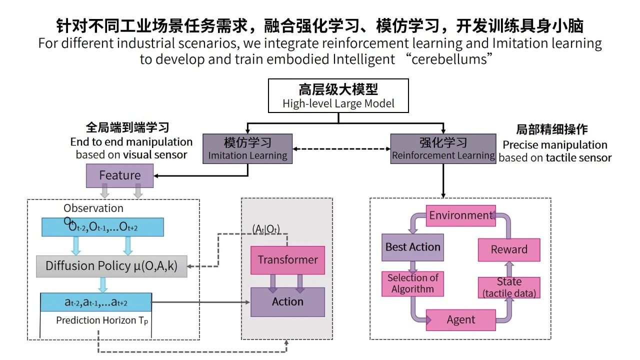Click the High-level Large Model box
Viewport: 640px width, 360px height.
(338, 96)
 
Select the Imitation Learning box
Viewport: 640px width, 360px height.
(247, 148)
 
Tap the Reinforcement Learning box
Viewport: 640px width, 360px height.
(443, 148)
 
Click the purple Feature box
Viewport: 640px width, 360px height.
(119, 175)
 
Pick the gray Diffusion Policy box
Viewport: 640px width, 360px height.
(111, 266)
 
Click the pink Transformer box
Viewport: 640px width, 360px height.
(287, 260)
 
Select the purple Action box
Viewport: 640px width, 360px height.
(287, 301)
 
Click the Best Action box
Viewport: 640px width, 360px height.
(412, 247)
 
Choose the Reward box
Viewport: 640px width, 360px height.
(508, 249)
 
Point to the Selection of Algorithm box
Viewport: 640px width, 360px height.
(412, 283)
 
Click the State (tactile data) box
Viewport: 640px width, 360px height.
(508, 287)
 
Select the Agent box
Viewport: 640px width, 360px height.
(460, 320)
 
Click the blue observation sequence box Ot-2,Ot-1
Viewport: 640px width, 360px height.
(102, 227)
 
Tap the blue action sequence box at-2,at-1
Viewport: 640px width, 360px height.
(95, 302)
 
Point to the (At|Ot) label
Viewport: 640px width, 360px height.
(266, 229)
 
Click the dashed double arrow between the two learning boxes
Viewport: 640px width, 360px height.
(341, 148)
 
